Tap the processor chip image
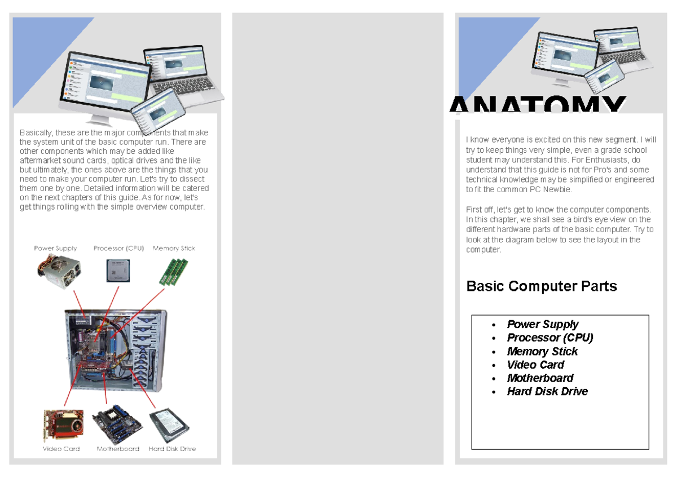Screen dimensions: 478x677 (118, 271)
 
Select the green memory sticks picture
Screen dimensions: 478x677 (173, 272)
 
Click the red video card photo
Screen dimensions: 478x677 (63, 426)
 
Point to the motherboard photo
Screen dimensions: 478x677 (117, 424)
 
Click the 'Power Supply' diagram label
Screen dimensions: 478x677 (55, 248)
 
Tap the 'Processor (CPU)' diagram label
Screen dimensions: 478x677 (118, 248)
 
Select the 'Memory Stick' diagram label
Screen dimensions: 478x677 (174, 248)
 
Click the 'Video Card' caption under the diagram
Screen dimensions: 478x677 (61, 449)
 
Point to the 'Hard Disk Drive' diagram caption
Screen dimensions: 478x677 (172, 449)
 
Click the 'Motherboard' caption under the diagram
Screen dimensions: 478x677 (118, 449)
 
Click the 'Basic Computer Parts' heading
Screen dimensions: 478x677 (542, 286)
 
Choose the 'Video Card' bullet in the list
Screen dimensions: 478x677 (535, 365)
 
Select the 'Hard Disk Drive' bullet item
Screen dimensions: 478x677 (547, 392)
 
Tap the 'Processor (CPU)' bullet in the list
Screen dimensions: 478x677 (550, 338)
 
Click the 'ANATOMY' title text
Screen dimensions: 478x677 (538, 105)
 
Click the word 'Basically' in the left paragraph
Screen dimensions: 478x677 (34, 133)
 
